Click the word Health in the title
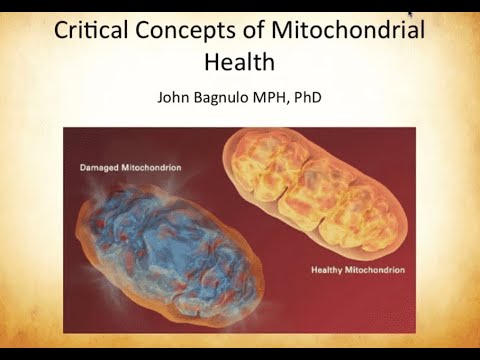[239, 62]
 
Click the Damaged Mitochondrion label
[129, 167]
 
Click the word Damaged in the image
[100, 167]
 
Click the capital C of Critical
[63, 31]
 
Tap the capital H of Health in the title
[211, 62]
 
